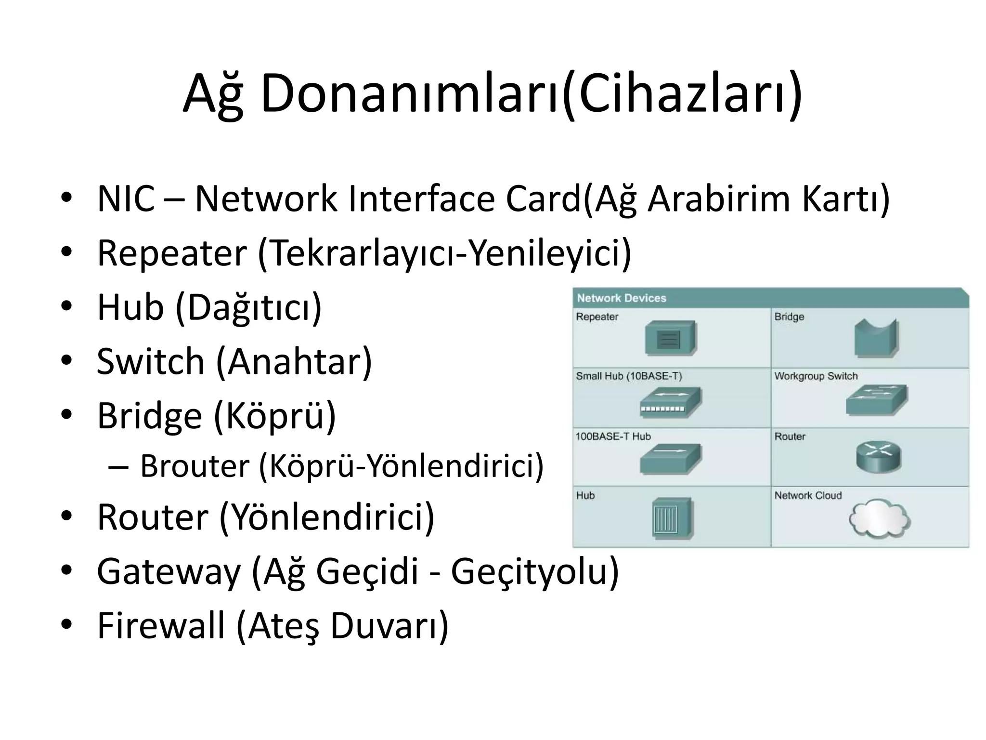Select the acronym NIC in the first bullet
126,199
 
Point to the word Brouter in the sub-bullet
195,466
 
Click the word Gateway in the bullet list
169,571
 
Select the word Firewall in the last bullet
161,625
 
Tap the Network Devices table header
621,298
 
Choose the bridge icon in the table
876,338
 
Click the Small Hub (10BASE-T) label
629,376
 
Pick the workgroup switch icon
876,400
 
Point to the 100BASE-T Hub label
613,436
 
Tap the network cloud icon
879,518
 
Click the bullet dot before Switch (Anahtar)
66,360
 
